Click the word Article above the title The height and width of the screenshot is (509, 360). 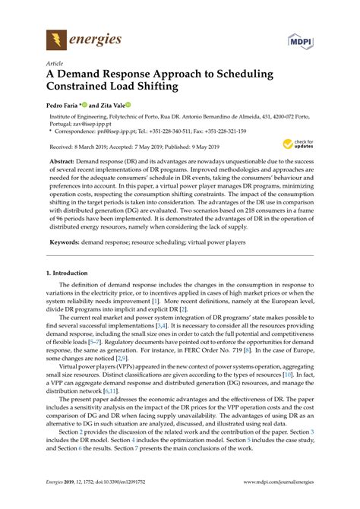(54, 65)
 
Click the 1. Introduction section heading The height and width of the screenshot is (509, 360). (77, 271)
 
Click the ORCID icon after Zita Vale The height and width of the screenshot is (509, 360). (129, 105)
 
